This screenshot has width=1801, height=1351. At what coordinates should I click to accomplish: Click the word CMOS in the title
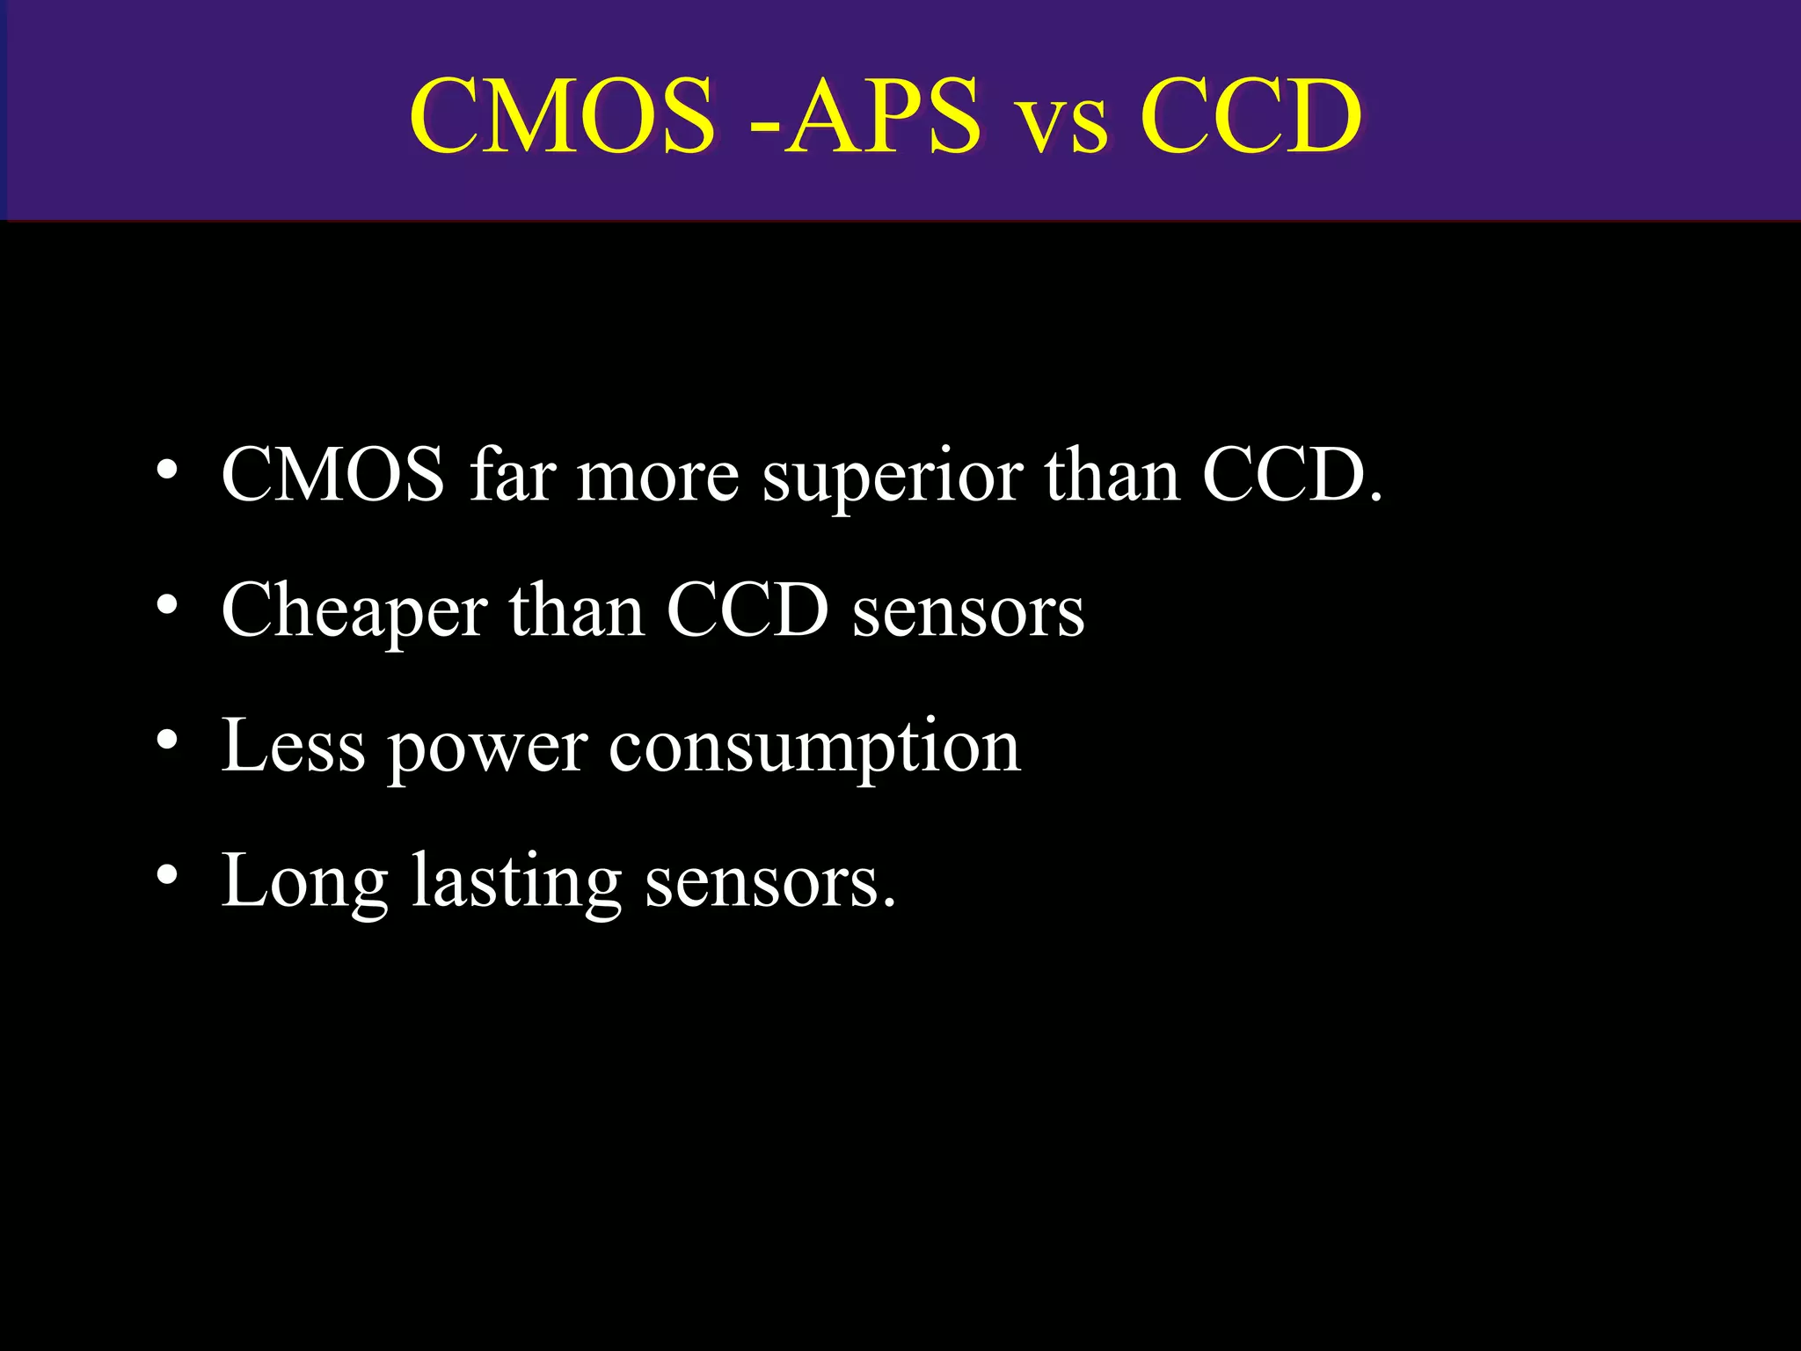[562, 115]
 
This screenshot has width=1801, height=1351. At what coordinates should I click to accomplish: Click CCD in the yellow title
[1250, 115]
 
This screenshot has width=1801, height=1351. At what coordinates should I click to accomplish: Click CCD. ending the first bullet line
[1292, 475]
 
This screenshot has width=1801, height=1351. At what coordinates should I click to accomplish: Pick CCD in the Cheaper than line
[747, 610]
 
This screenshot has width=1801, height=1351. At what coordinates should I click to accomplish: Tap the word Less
[293, 746]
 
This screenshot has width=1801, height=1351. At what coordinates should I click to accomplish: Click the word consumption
[814, 750]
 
